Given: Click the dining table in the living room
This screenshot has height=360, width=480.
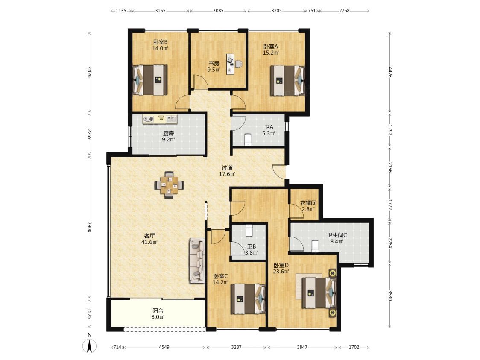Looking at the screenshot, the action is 169,185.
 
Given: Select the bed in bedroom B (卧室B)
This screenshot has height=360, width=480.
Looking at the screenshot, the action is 150,80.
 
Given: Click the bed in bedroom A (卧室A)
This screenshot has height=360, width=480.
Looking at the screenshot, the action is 287,81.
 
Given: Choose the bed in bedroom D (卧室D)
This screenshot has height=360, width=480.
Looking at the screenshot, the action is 319,292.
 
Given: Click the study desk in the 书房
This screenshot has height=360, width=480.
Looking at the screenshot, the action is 230,64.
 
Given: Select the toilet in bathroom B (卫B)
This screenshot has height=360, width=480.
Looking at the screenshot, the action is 249,231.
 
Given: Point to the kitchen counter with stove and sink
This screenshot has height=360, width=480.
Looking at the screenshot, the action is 160,119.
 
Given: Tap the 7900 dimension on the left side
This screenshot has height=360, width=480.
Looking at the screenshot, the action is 89,227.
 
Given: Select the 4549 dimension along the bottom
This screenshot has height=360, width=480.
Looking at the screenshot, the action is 164,347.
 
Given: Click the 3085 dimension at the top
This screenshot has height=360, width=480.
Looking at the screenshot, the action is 218,10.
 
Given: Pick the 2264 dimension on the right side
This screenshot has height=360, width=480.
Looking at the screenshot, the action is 390,242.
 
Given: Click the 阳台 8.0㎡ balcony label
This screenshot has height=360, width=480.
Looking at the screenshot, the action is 158,314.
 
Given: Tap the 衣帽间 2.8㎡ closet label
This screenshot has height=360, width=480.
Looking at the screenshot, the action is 308,206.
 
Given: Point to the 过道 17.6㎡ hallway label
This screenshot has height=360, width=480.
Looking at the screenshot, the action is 227,171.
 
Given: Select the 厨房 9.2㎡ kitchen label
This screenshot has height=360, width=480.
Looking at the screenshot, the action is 168,137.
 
